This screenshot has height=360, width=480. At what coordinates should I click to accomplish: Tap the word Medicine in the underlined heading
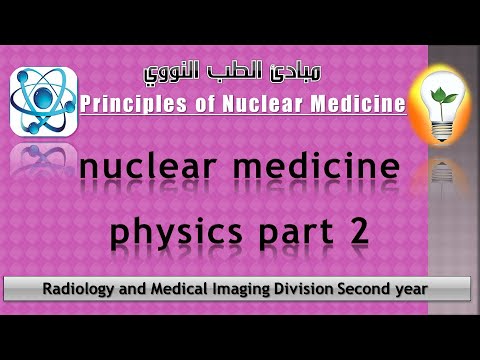click(359, 103)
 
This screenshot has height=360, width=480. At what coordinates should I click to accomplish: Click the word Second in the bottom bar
click(366, 289)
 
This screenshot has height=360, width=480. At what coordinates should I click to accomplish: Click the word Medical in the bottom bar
click(171, 289)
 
